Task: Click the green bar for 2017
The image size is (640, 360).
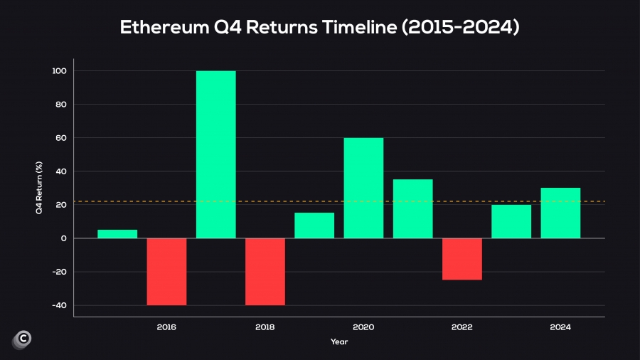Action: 215,154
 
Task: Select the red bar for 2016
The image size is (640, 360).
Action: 166,271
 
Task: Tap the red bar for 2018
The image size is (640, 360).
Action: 265,271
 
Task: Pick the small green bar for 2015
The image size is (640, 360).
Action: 117,234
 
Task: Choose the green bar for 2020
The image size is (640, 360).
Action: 363,188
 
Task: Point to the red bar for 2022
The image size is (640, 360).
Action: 462,259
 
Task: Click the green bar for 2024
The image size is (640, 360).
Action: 560,213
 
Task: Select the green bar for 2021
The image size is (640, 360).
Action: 412,208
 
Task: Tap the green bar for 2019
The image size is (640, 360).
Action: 314,226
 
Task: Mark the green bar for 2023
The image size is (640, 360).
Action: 511,221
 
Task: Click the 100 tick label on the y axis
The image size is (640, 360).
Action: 59,71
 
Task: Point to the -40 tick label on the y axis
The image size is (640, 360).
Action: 59,305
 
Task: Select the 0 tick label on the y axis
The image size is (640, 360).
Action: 63,238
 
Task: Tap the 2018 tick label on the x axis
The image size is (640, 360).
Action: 265,327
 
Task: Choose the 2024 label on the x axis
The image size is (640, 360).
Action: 560,327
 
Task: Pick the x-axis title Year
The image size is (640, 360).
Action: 338,342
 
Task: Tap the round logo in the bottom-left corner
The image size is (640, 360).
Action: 21,340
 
